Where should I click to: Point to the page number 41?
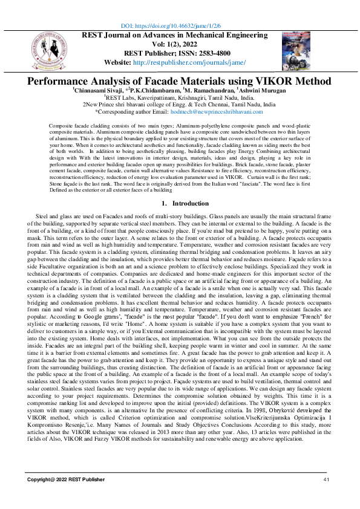326,479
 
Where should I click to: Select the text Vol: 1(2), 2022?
179,44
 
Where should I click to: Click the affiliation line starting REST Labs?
180,97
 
